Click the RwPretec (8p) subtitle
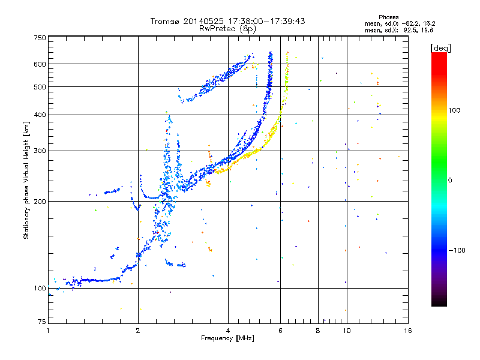227,29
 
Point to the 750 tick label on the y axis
40,38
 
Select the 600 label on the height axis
40,64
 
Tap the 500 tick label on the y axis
40,87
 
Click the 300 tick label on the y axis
40,151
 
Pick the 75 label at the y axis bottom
42,322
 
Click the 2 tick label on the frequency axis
138,331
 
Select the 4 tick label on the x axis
228,331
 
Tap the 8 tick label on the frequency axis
318,331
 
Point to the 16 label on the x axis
408,331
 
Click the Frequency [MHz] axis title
227,338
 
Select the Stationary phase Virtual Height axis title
26,181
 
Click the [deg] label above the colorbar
440,48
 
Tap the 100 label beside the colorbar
454,110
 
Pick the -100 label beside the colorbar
457,250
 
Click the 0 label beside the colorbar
450,181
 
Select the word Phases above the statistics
389,17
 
